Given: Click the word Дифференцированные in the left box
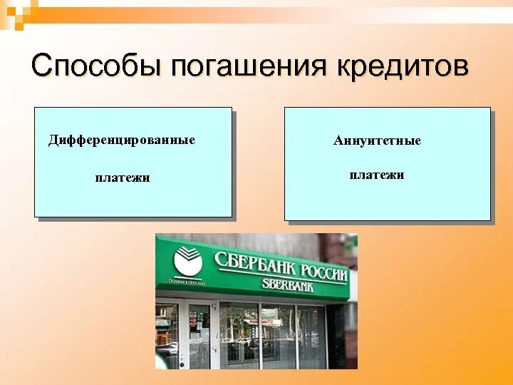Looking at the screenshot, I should (x=122, y=140).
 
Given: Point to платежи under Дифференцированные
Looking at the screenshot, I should (x=123, y=178).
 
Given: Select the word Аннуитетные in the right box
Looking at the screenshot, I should (x=377, y=140).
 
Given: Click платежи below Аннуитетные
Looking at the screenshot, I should (x=377, y=175).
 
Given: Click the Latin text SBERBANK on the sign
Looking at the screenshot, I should (x=288, y=285).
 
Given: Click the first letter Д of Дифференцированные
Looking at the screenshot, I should (x=53, y=140).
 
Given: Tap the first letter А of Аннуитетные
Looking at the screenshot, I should (x=338, y=140).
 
